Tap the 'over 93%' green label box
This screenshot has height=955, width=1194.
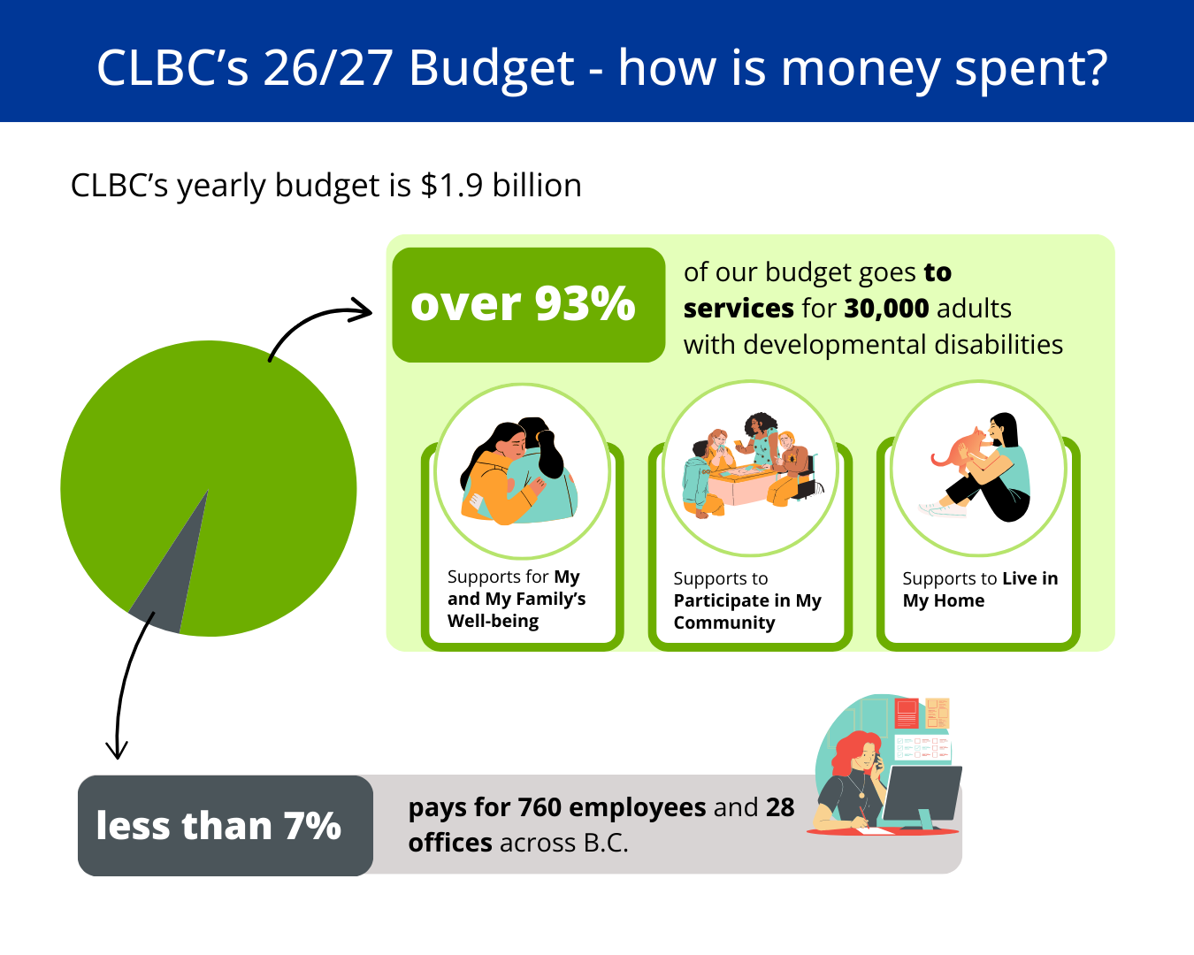528,305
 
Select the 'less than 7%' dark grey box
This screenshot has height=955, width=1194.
226,825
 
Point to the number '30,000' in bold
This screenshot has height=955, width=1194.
886,309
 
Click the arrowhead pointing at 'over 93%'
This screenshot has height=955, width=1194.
361,309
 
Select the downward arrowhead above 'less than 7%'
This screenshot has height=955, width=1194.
117,750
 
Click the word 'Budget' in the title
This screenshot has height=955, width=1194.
492,69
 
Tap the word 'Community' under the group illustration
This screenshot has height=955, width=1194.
724,623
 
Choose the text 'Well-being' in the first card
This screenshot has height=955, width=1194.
493,621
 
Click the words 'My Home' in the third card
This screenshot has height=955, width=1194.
943,601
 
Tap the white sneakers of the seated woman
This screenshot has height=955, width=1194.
942,509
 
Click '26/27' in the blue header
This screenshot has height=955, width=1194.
328,69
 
